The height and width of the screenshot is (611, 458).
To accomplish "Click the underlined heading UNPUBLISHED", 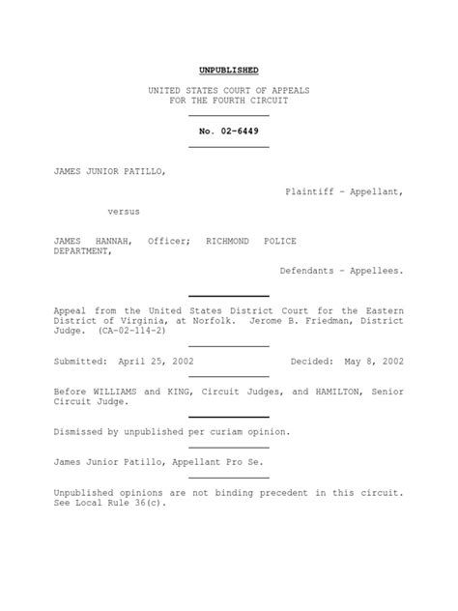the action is pyautogui.click(x=228, y=71).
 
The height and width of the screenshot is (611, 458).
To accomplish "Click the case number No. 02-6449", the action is pyautogui.click(x=228, y=131).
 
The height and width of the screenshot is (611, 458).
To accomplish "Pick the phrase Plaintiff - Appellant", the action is pyautogui.click(x=344, y=191).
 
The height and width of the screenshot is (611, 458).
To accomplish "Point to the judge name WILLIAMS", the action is pyautogui.click(x=113, y=392).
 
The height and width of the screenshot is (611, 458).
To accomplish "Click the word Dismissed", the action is pyautogui.click(x=83, y=432).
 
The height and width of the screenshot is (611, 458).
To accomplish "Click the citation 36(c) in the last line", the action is pyautogui.click(x=150, y=504).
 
